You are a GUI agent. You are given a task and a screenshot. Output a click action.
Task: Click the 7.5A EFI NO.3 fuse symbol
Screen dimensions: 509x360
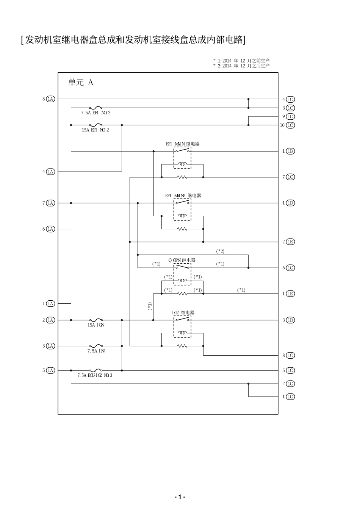pyautogui.click(x=96, y=108)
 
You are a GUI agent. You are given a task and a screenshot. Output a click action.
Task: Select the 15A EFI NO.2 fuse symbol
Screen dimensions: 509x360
pyautogui.click(x=96, y=125)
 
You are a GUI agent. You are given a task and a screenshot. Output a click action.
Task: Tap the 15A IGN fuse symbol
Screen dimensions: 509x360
pyautogui.click(x=96, y=320)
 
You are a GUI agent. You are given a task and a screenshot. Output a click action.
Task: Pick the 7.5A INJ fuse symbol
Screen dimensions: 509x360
pyautogui.click(x=96, y=346)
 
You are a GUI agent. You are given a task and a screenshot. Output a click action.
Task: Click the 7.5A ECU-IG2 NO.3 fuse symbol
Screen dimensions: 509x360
pyautogui.click(x=96, y=370)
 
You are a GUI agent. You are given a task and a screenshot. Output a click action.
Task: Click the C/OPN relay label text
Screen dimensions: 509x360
pyautogui.click(x=182, y=260)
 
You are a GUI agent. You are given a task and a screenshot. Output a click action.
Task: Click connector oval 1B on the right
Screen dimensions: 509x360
pyautogui.click(x=290, y=151)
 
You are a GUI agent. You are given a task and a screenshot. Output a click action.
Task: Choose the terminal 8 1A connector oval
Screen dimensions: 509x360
pyautogui.click(x=50, y=99)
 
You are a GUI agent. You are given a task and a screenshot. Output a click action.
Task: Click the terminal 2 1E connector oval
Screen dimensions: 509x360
pyautogui.click(x=290, y=242)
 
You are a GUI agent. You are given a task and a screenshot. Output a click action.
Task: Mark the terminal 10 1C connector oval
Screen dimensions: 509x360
pyautogui.click(x=290, y=125)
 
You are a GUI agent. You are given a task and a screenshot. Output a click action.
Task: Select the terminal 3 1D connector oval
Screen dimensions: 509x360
pyautogui.click(x=290, y=320)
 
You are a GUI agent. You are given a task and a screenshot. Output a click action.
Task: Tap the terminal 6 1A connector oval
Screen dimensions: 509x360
pyautogui.click(x=50, y=229)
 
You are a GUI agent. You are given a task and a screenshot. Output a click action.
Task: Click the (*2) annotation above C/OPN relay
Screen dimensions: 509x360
pyautogui.click(x=220, y=251)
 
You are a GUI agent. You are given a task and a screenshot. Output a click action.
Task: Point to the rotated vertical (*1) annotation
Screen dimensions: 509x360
pyautogui.click(x=150, y=306)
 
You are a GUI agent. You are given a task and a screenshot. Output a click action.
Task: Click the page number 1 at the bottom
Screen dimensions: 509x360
pyautogui.click(x=180, y=497)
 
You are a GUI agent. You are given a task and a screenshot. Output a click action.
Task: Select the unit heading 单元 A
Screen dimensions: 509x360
pyautogui.click(x=81, y=82)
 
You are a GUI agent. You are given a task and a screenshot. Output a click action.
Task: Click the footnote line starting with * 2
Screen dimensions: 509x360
pyautogui.click(x=241, y=66)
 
